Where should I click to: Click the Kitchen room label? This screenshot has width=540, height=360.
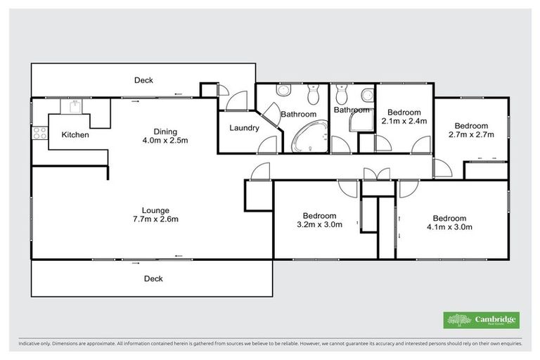[75, 134]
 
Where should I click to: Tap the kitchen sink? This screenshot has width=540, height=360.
[72, 106]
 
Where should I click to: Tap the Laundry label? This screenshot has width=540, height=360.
[244, 129]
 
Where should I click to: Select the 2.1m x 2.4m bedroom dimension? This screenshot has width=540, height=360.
[404, 121]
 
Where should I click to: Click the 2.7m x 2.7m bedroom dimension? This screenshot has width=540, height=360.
[471, 134]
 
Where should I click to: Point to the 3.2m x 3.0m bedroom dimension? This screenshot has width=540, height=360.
[319, 225]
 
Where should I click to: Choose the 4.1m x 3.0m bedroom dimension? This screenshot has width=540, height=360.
[449, 227]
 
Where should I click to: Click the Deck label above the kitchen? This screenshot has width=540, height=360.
[143, 80]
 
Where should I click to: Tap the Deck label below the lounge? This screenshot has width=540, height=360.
[153, 278]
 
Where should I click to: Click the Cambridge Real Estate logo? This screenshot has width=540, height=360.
[482, 320]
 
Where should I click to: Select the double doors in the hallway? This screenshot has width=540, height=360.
[375, 173]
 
